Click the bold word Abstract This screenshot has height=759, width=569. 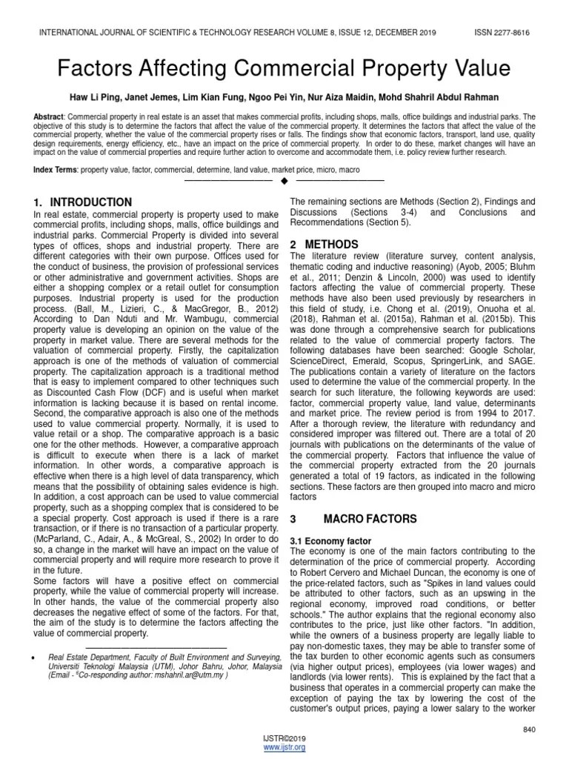pos(49,118)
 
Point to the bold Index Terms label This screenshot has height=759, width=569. pos(55,170)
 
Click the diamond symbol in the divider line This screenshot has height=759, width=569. pos(284,182)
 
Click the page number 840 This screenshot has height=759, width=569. pos(528,729)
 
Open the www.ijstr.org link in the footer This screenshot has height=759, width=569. pos(284,748)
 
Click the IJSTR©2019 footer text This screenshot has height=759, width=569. pos(284,739)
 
